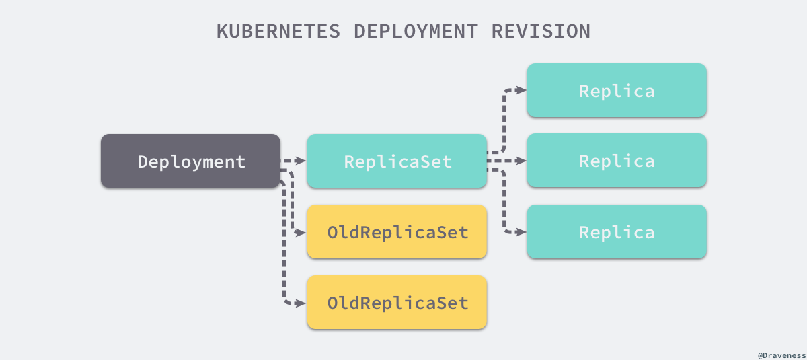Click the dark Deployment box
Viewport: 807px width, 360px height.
click(x=190, y=161)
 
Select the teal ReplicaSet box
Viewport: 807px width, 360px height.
click(x=397, y=161)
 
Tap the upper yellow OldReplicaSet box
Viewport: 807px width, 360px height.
click(x=397, y=232)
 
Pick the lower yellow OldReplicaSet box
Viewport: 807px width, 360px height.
click(x=397, y=303)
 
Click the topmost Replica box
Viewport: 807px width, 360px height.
click(x=616, y=90)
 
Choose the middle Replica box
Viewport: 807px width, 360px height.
click(x=616, y=161)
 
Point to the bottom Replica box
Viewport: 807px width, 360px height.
click(x=616, y=232)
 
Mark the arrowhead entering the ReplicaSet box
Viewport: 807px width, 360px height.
click(x=302, y=161)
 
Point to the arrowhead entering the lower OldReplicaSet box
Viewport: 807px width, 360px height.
click(x=302, y=303)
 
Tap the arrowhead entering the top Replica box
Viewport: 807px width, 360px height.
click(x=521, y=90)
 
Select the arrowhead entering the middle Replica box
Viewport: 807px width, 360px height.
click(x=521, y=161)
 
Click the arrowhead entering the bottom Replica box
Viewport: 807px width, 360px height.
click(x=521, y=232)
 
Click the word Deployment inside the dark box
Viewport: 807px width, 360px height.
click(x=191, y=161)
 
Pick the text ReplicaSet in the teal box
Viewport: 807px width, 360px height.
click(x=397, y=161)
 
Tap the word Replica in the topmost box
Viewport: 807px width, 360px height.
click(x=617, y=91)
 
